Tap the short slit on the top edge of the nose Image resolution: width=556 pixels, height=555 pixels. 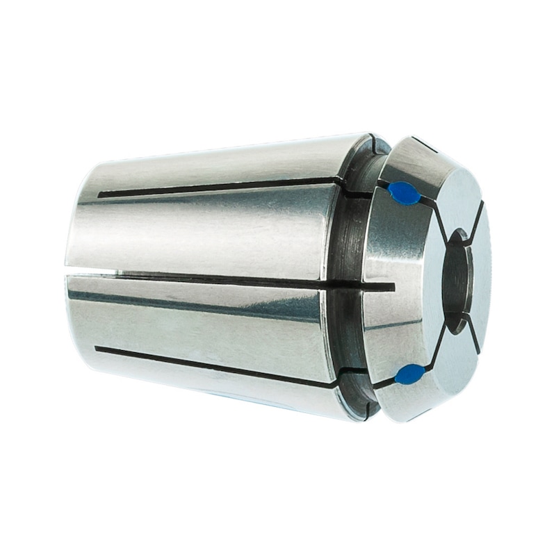424,145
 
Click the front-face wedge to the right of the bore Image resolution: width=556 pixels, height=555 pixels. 482,278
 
